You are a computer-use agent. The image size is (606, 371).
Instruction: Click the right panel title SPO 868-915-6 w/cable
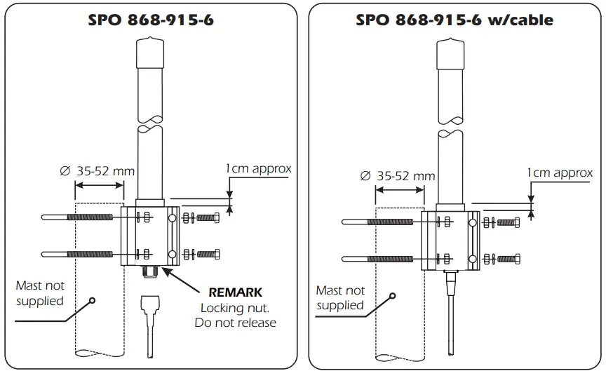[454, 20]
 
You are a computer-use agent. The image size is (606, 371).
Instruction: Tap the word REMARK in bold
[236, 292]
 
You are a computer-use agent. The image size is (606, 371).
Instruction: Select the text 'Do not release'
[235, 323]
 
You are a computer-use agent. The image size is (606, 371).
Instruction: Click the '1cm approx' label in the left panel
[257, 168]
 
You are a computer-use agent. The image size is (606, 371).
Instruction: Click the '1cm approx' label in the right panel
[560, 173]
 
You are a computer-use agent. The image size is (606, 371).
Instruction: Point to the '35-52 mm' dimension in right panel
[405, 175]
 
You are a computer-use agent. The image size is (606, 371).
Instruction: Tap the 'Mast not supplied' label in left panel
[40, 293]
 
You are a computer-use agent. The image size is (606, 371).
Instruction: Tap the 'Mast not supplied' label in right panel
[340, 297]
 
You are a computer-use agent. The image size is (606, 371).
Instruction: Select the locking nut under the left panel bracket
[149, 270]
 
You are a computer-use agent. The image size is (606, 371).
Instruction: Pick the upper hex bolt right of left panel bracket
[209, 217]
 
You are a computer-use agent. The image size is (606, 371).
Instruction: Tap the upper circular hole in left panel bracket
[171, 217]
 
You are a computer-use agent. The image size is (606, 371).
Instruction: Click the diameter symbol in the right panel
[365, 176]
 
